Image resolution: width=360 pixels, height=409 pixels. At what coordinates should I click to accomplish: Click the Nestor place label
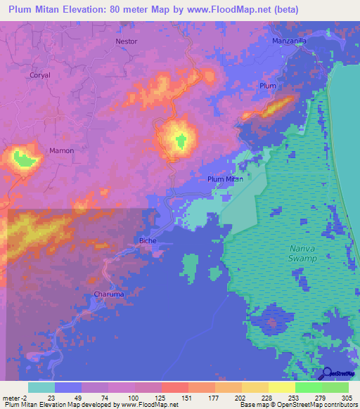pyautogui.click(x=127, y=41)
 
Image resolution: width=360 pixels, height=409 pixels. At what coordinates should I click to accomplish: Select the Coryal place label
pyautogui.click(x=40, y=74)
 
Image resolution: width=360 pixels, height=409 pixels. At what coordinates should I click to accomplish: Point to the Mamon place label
pyautogui.click(x=61, y=150)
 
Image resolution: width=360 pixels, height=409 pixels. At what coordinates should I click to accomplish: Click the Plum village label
pyautogui.click(x=268, y=86)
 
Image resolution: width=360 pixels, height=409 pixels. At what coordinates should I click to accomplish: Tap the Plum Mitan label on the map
pyautogui.click(x=225, y=179)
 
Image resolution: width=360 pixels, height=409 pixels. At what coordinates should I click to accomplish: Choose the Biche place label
pyautogui.click(x=148, y=240)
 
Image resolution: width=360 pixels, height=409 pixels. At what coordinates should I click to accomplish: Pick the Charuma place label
pyautogui.click(x=108, y=294)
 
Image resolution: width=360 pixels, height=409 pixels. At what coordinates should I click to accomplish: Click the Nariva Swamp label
pyautogui.click(x=303, y=254)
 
